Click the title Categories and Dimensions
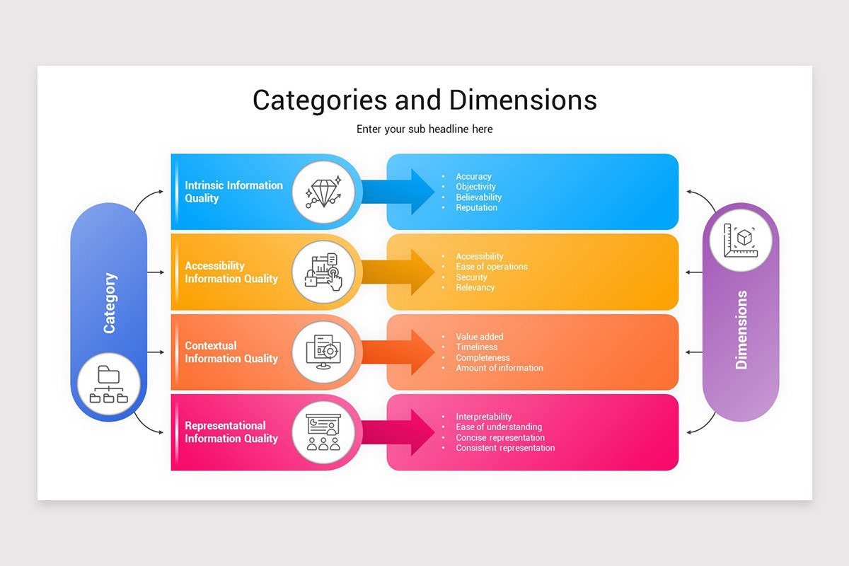424,100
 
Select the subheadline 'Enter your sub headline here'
424,129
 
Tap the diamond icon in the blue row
323,192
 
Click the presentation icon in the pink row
323,432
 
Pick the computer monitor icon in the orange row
323,352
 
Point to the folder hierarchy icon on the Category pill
109,385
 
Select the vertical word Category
109,303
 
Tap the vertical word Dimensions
741,330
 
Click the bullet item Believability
478,197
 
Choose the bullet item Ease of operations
491,267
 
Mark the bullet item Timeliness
476,347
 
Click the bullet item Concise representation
500,438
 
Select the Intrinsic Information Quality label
233,192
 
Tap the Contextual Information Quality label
231,352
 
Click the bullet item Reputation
476,208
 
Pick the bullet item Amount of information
499,368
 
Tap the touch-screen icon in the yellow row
323,272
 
